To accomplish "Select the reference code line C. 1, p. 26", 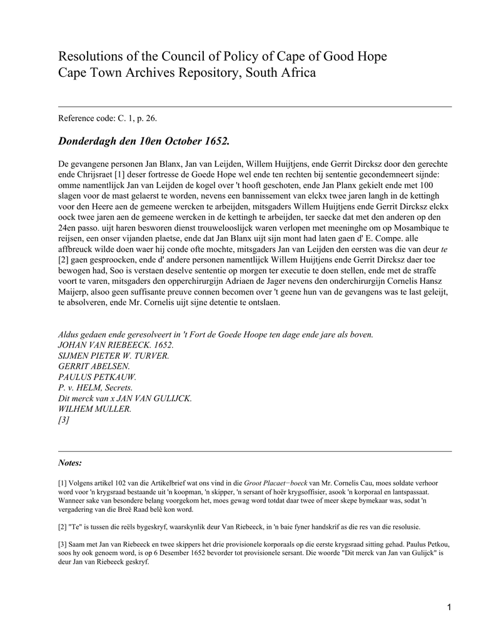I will [x=112, y=118].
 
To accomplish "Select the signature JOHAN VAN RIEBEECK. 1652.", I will [x=116, y=345].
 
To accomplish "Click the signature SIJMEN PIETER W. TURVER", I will [x=113, y=356].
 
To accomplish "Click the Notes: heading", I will [x=69, y=463].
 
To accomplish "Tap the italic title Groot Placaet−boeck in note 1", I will [x=275, y=483].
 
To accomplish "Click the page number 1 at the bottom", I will [x=449, y=607].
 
